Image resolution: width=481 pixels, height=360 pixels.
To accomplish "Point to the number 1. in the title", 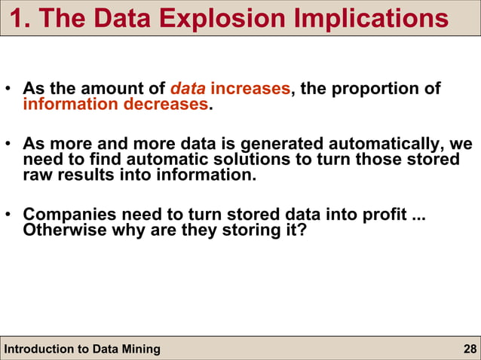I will (22, 19).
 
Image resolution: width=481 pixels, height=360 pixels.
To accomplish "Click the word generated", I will (283, 144).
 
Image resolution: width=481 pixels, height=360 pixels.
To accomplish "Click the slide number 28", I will (469, 349).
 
